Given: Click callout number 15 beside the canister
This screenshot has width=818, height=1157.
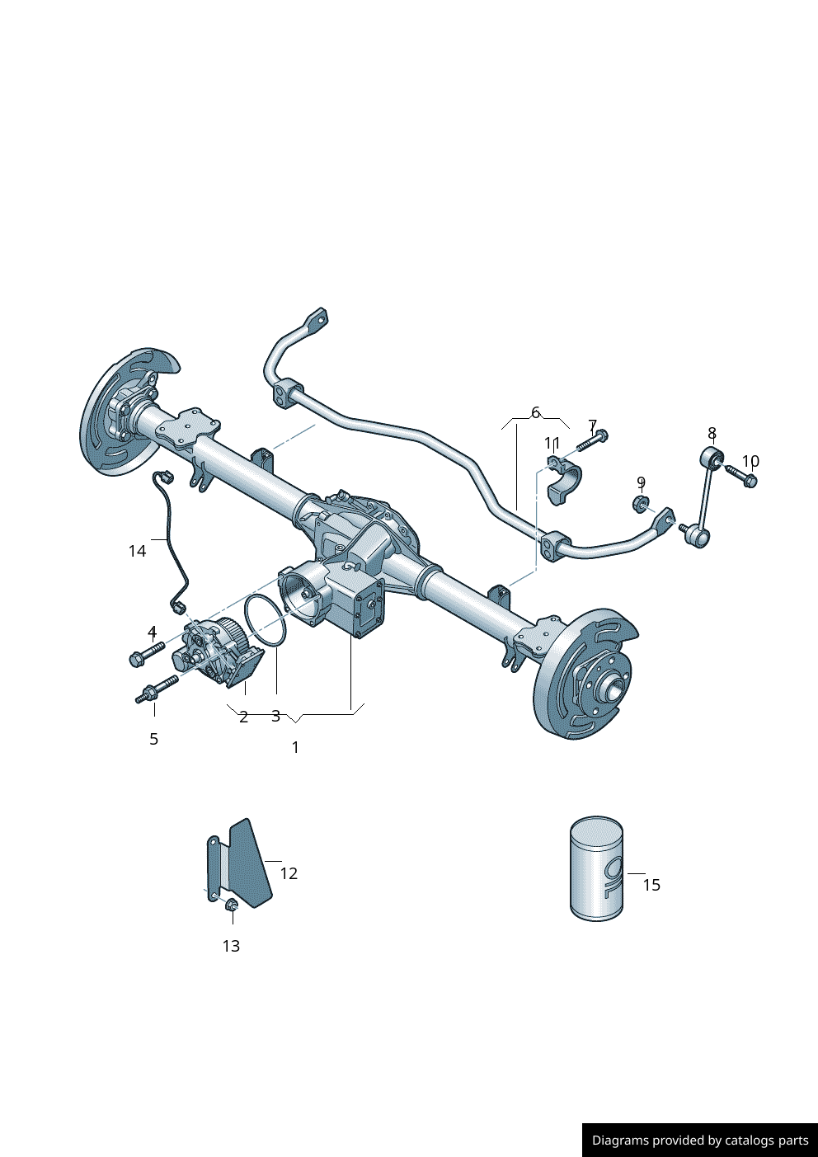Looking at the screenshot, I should pos(651,885).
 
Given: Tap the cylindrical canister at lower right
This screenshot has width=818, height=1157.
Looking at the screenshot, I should pos(596,869).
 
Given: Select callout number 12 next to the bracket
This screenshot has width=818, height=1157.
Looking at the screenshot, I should pos(289,873).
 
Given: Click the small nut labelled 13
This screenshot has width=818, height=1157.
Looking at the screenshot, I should pos(231,905).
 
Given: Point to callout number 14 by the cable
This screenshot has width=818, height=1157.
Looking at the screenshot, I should pos(137,550).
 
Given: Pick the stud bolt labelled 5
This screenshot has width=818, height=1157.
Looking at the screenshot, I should pos(157,688).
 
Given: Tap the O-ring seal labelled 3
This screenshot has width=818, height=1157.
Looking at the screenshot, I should pos(266,622).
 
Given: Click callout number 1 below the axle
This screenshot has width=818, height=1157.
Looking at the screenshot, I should pos(295,747).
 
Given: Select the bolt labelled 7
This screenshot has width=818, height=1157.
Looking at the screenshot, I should pos(591,440).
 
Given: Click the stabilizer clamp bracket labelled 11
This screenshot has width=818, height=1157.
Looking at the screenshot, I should pos(564,482).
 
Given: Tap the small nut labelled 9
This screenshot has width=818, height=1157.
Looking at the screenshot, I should pos(640,503).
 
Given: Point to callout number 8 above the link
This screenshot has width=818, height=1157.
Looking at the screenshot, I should pos(712,433).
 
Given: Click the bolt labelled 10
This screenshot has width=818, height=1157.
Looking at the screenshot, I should pos(742,476).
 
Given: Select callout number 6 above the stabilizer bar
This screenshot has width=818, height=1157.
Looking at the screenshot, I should pos(535,412).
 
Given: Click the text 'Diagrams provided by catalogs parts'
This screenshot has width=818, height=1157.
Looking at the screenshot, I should pos(699,1141).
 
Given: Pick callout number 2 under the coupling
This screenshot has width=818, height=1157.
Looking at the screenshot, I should pos(243,717).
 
